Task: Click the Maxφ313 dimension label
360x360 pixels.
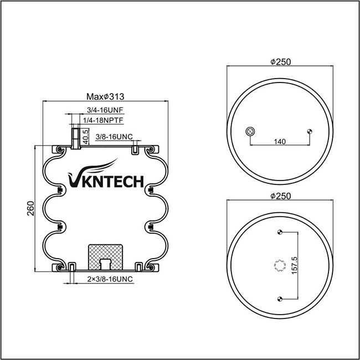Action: click(x=105, y=97)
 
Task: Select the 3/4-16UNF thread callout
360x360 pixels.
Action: click(x=105, y=110)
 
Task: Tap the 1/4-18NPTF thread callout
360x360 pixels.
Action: click(x=103, y=120)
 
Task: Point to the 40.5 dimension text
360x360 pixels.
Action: click(x=85, y=137)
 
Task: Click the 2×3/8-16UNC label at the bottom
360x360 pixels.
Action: click(x=110, y=279)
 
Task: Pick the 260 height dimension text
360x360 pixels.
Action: click(x=30, y=208)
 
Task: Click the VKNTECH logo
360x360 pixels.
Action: click(x=106, y=174)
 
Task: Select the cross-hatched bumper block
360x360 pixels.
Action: click(x=106, y=257)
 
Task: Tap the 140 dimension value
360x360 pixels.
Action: click(x=280, y=142)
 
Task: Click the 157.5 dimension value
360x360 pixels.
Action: click(x=294, y=265)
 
